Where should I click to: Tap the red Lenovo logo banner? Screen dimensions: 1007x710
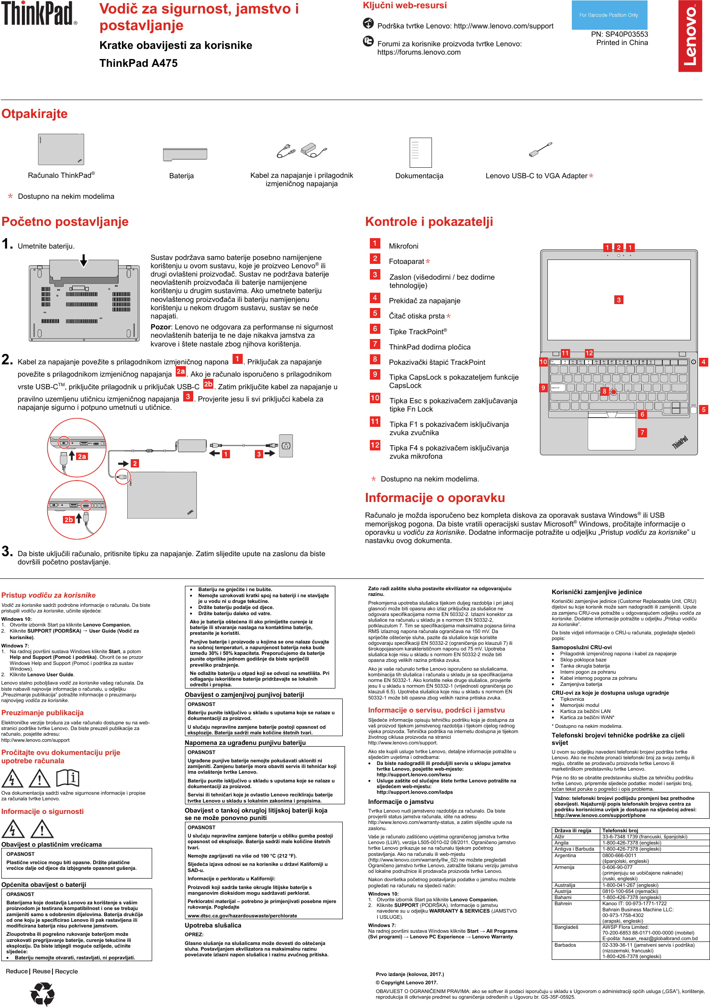click(690, 36)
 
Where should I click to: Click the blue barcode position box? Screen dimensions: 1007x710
click(609, 15)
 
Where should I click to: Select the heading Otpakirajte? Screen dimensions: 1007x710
click(35, 114)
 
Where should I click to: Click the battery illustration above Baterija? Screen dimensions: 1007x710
click(185, 154)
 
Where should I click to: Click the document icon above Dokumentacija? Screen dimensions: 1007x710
click(421, 152)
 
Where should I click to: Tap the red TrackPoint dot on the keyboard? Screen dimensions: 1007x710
click(613, 392)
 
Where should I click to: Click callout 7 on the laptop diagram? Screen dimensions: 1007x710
click(642, 433)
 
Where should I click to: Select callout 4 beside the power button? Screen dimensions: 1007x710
click(703, 362)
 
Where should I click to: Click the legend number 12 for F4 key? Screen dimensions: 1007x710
click(375, 445)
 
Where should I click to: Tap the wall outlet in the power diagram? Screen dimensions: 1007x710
click(285, 446)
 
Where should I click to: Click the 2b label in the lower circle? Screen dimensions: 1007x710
click(69, 520)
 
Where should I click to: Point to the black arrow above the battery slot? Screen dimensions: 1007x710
click(84, 261)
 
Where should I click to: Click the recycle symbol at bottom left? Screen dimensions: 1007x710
click(42, 993)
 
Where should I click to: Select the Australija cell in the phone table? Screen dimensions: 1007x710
click(565, 885)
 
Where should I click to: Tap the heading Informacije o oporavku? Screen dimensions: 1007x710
click(435, 498)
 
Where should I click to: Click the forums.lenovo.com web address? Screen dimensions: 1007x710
click(419, 52)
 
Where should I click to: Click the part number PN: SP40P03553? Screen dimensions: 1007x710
click(619, 34)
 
